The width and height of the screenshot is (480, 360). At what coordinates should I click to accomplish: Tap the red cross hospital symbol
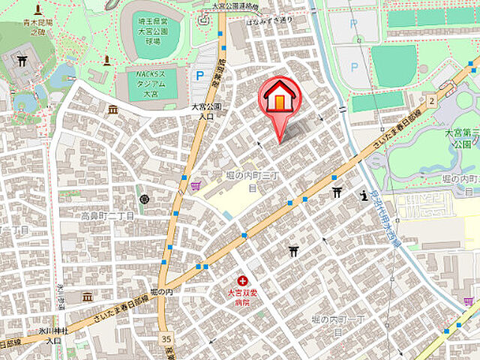tap(241, 280)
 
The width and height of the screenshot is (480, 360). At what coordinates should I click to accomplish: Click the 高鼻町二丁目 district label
tap(107, 215)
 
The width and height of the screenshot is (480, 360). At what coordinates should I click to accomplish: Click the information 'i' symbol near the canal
tap(364, 196)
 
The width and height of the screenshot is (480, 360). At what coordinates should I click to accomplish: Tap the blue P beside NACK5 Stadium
tap(199, 75)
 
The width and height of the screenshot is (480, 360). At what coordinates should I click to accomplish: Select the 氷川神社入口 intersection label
tap(54, 334)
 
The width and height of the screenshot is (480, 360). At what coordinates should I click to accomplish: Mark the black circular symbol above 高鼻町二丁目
tap(144, 199)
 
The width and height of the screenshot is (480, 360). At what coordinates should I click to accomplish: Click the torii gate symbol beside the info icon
tap(337, 193)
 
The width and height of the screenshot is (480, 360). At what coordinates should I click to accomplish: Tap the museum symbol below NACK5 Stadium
tap(112, 109)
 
